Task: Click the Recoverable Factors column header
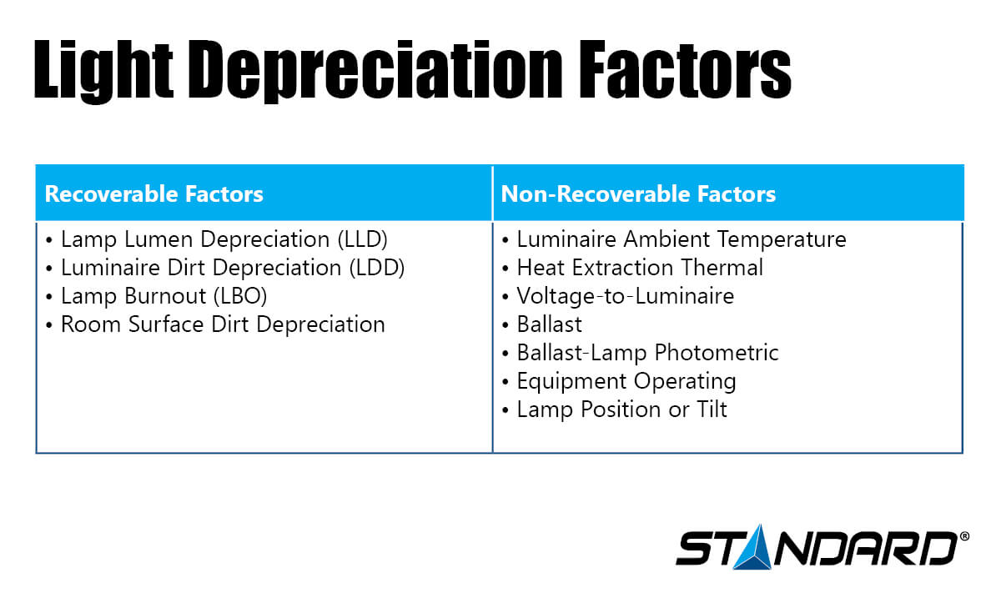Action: [153, 195]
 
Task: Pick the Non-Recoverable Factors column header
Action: [638, 195]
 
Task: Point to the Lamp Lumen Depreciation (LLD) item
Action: [224, 240]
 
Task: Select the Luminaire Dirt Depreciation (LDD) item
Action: [232, 269]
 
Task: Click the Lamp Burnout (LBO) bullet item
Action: [163, 297]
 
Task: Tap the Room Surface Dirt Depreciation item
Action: [222, 324]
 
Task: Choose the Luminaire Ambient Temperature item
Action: [681, 240]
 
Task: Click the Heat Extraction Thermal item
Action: [639, 269]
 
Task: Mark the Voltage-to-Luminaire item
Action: [625, 297]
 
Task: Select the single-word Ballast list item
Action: [549, 324]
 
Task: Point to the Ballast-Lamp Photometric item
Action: [647, 353]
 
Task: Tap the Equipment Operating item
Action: [626, 381]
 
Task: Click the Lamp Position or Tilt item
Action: [621, 410]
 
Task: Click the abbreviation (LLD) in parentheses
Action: [363, 240]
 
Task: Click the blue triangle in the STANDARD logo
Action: [754, 550]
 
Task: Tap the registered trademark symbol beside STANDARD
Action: [965, 537]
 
